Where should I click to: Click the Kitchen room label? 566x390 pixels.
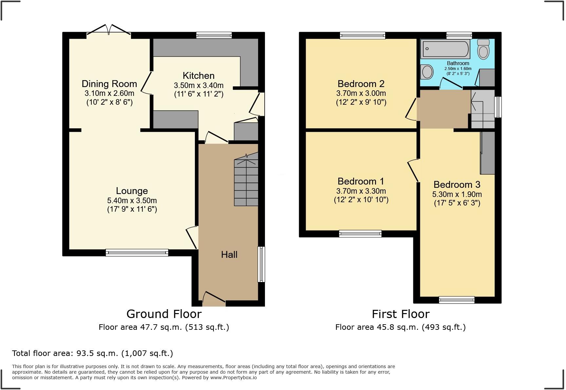point(198,76)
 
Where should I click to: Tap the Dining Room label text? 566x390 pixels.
point(109,84)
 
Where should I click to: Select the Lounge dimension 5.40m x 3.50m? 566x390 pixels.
point(132,200)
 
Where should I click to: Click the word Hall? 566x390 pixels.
point(229,255)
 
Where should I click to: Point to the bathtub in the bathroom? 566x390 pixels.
point(445,49)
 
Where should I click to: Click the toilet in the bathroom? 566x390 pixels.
point(483,49)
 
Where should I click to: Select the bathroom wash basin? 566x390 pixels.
point(427,72)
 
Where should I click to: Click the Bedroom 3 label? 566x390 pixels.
point(457,185)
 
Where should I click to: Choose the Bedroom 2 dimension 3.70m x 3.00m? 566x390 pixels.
point(361,93)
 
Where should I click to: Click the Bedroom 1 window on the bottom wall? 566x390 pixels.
point(360,234)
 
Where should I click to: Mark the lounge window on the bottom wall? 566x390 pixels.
point(137,252)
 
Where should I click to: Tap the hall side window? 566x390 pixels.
point(261,264)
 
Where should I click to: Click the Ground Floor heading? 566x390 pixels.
point(164,314)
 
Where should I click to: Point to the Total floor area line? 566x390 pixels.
point(92,353)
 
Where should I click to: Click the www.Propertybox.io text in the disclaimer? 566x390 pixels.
point(233,378)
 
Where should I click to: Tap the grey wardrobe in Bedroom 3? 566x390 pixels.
point(487,152)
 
